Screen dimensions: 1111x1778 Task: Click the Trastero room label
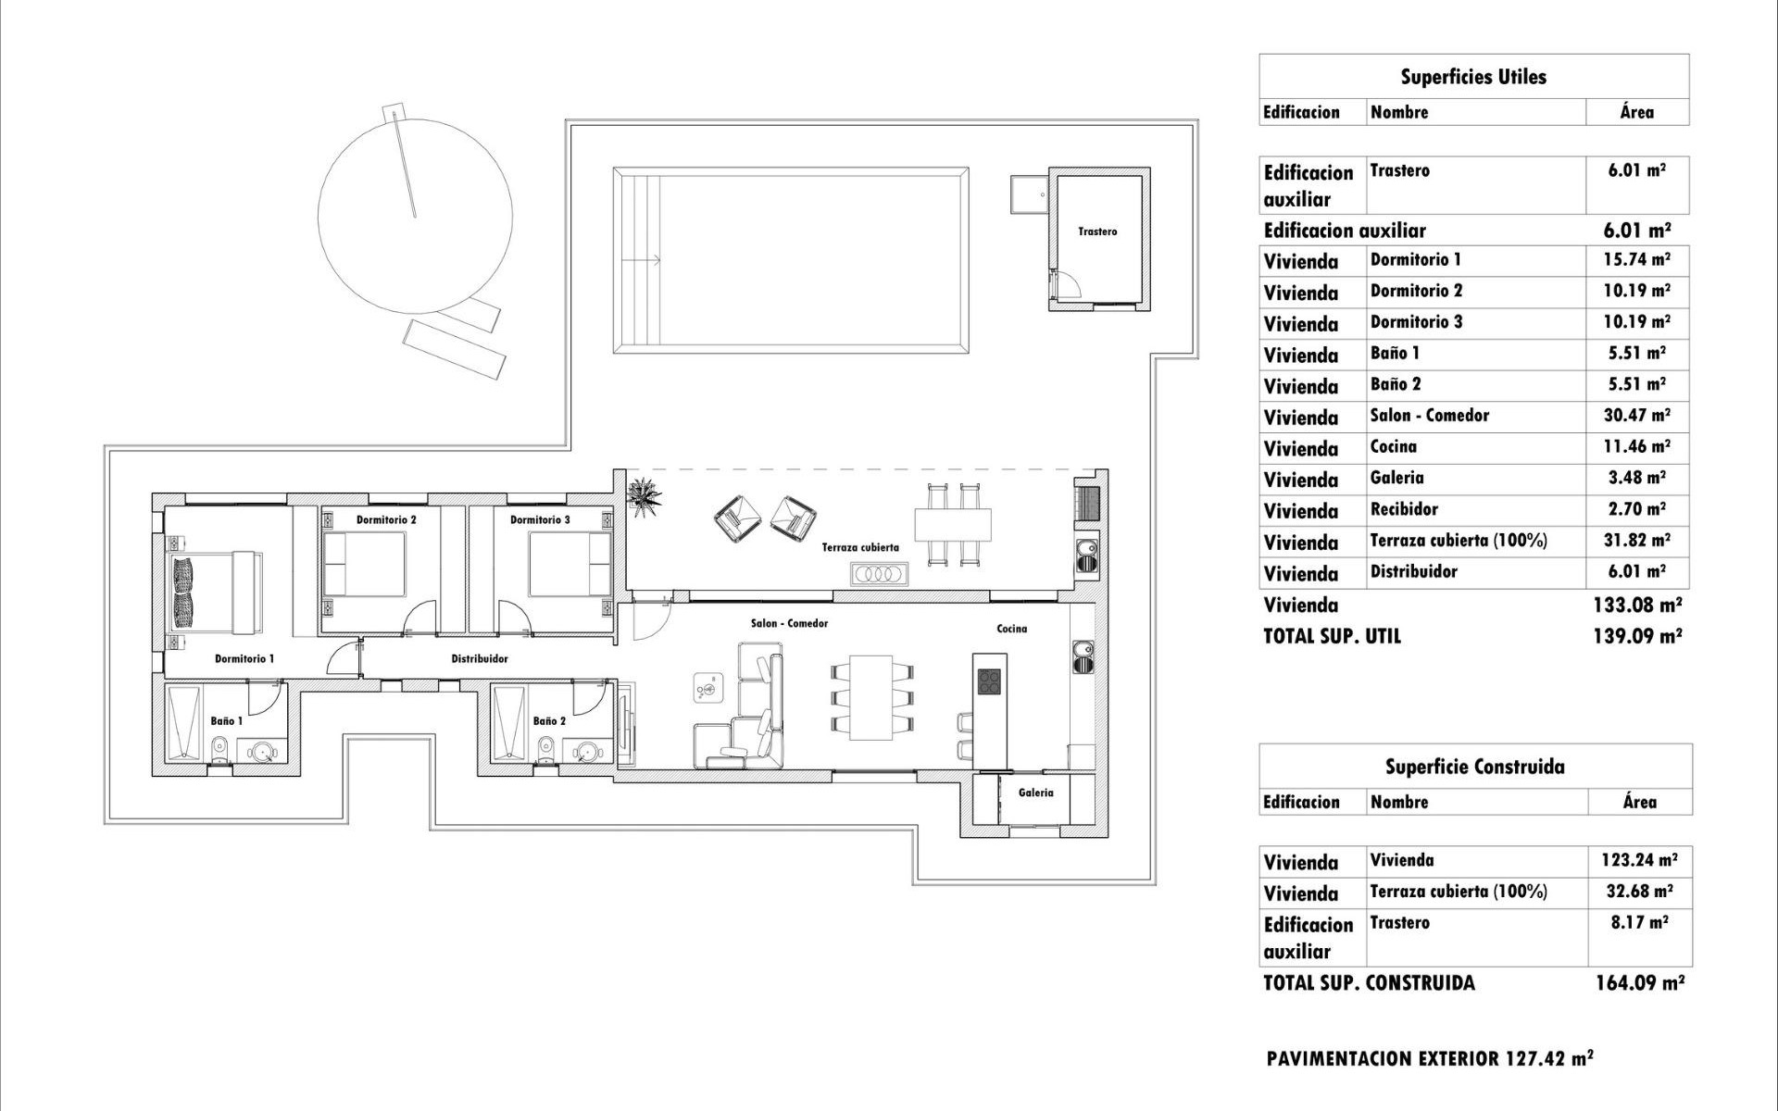pyautogui.click(x=1097, y=231)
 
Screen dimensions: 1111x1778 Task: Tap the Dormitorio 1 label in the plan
pyautogui.click(x=244, y=659)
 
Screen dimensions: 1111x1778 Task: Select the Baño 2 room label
pyautogui.click(x=549, y=721)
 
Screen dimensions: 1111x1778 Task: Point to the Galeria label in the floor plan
pyautogui.click(x=1035, y=793)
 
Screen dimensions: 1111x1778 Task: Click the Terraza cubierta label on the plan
pyautogui.click(x=860, y=547)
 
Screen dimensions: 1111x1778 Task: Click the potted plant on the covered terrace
pyautogui.click(x=645, y=494)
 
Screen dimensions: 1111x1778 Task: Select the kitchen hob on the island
pyautogui.click(x=989, y=680)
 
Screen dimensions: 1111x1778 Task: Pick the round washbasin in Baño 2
pyautogui.click(x=585, y=751)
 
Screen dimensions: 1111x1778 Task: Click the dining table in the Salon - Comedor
pyautogui.click(x=870, y=697)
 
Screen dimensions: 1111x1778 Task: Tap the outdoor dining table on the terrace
pyautogui.click(x=953, y=524)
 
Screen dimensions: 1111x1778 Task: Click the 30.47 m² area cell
pyautogui.click(x=1636, y=416)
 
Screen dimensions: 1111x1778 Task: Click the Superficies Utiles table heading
pyautogui.click(x=1472, y=77)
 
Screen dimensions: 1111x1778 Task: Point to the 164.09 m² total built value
pyautogui.click(x=1638, y=982)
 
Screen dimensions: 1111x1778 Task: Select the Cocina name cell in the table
pyautogui.click(x=1394, y=447)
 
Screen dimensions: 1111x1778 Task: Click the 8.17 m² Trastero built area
pyautogui.click(x=1638, y=923)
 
